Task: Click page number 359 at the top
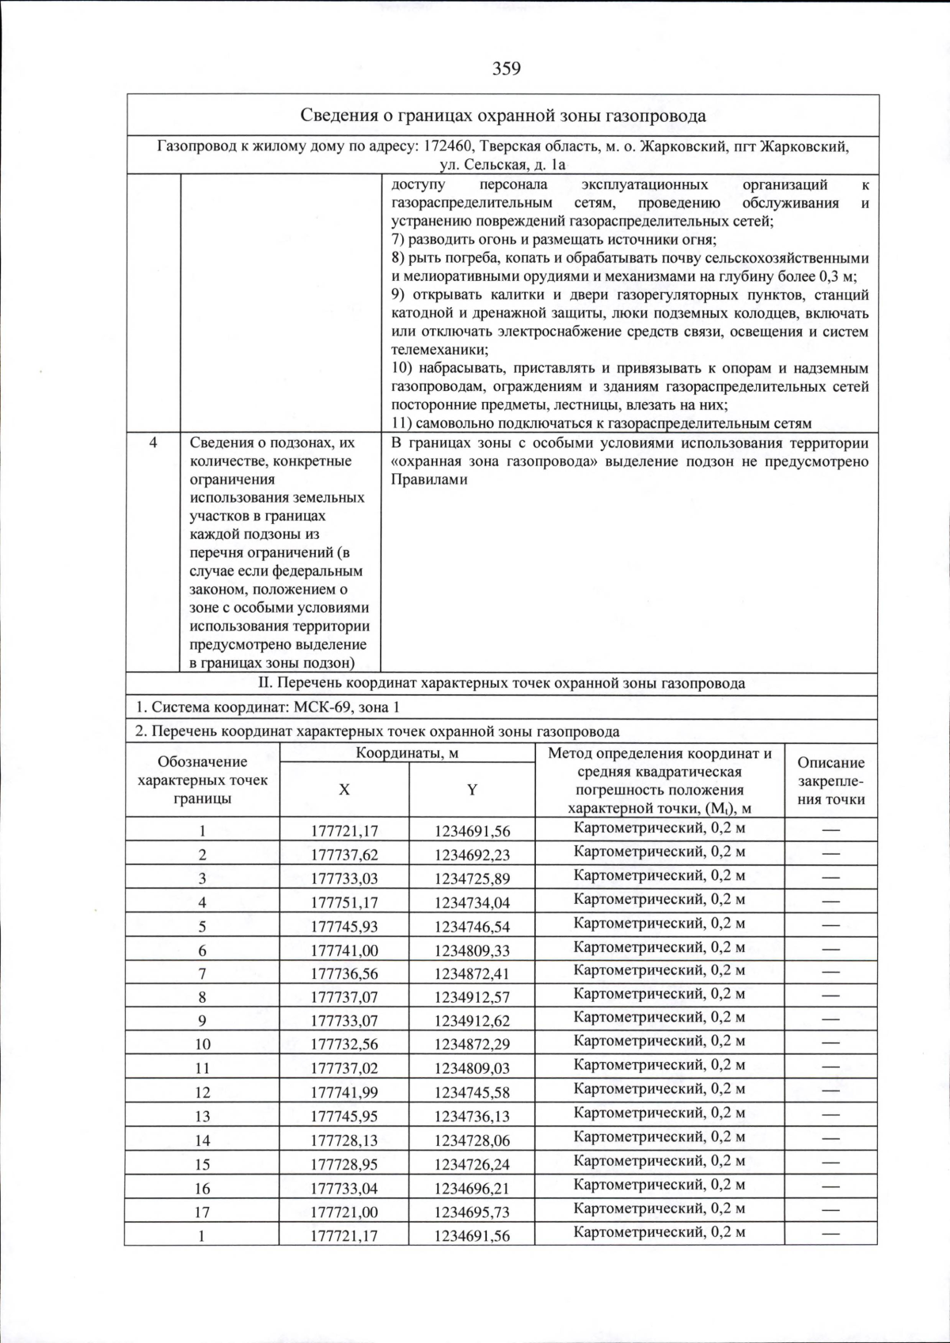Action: point(506,69)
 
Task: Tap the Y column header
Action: point(472,790)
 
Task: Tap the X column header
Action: point(344,790)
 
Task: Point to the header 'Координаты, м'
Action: point(407,753)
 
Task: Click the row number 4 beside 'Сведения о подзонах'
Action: point(154,443)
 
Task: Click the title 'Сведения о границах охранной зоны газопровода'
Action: point(503,116)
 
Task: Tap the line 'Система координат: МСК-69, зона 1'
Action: point(267,708)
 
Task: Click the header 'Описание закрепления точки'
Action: point(830,780)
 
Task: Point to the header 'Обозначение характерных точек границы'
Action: point(203,780)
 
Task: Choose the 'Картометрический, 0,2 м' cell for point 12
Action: point(659,1089)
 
